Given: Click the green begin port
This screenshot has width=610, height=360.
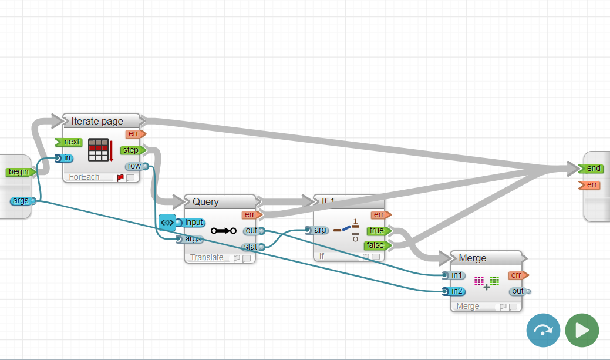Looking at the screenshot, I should click(x=18, y=172).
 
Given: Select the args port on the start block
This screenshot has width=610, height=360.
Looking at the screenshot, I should click(x=21, y=201).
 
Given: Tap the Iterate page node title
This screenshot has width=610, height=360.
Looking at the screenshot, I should click(x=97, y=122).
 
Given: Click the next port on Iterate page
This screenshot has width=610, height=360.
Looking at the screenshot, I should click(x=69, y=142).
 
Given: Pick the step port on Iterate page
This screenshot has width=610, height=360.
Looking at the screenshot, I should click(x=132, y=150).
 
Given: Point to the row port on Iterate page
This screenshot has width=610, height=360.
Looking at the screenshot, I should click(x=135, y=166).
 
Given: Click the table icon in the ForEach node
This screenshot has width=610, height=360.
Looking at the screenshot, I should click(x=98, y=150).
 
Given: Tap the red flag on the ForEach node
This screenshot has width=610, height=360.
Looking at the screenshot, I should click(x=120, y=177).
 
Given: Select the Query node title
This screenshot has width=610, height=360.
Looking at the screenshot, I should click(x=205, y=201).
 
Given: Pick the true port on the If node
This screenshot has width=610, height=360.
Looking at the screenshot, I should click(x=376, y=231).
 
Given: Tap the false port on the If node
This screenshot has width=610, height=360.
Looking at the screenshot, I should click(x=375, y=245).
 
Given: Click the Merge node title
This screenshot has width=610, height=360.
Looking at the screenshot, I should click(x=473, y=258).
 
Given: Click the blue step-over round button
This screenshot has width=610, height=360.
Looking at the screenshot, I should click(x=543, y=330).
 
